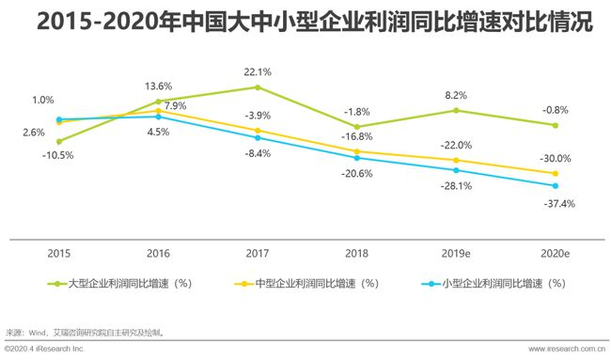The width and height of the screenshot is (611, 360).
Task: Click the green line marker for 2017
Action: tap(258, 87)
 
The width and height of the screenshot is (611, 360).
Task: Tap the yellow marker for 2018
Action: tap(357, 151)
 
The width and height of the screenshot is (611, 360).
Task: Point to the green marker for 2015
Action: tap(58, 141)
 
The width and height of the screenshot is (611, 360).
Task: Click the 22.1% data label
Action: tap(258, 71)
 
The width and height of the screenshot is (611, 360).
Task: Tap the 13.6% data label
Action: tap(158, 86)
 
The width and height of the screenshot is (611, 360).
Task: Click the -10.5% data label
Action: tap(60, 155)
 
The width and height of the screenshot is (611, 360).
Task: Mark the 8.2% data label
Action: tap(456, 95)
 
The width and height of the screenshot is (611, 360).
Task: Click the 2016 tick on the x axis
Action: tap(158, 254)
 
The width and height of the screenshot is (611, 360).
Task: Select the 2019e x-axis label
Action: tap(456, 254)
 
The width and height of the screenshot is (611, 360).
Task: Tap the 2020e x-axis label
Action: tap(555, 254)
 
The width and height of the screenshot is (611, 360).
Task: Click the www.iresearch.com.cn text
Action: tap(566, 350)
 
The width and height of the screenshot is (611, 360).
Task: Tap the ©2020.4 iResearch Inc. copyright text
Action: tap(44, 350)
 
